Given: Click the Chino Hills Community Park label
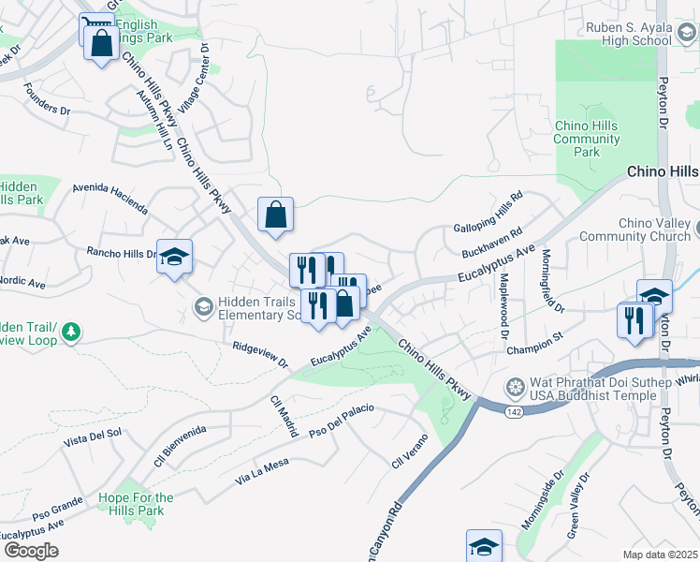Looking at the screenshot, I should pyautogui.click(x=587, y=139).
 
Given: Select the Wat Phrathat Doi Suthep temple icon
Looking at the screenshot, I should pyautogui.click(x=515, y=387).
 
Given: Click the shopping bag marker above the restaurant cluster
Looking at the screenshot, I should pyautogui.click(x=276, y=215).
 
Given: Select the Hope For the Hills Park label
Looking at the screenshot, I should pyautogui.click(x=136, y=504).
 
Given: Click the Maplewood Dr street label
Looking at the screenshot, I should pyautogui.click(x=505, y=305).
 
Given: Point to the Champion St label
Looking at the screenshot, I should pyautogui.click(x=533, y=349).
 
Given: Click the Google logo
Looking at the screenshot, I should pyautogui.click(x=31, y=551).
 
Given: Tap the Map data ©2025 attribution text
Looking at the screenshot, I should pyautogui.click(x=661, y=555).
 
